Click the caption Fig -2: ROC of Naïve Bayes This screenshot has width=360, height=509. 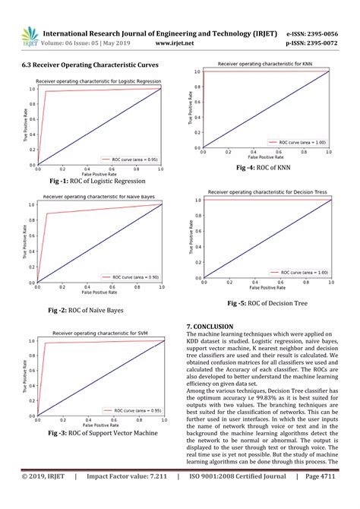pyautogui.click(x=85, y=310)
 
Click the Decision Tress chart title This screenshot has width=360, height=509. pyautogui.click(x=267, y=192)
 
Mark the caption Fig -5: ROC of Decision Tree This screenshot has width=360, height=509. pyautogui.click(x=273, y=303)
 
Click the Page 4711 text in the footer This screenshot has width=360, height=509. pyautogui.click(x=323, y=498)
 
